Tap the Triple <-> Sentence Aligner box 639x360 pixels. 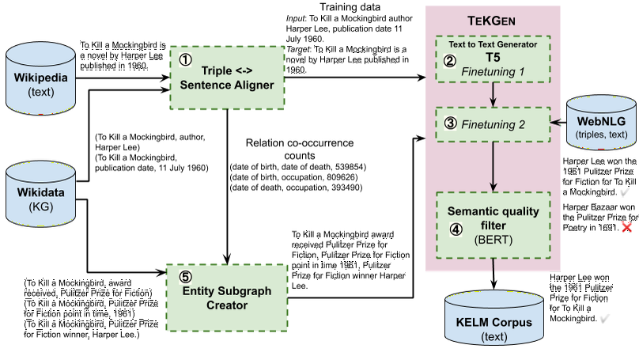pyautogui.click(x=225, y=77)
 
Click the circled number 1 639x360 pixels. pyautogui.click(x=185, y=60)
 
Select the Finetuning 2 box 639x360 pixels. pyautogui.click(x=493, y=123)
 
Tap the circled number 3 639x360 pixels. pyautogui.click(x=450, y=123)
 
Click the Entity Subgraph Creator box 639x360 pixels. pyautogui.click(x=225, y=297)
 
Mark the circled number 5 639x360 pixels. pyautogui.click(x=184, y=278)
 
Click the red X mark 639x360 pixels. pyautogui.click(x=627, y=228)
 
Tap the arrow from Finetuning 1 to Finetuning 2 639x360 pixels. pyautogui.click(x=493, y=94)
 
